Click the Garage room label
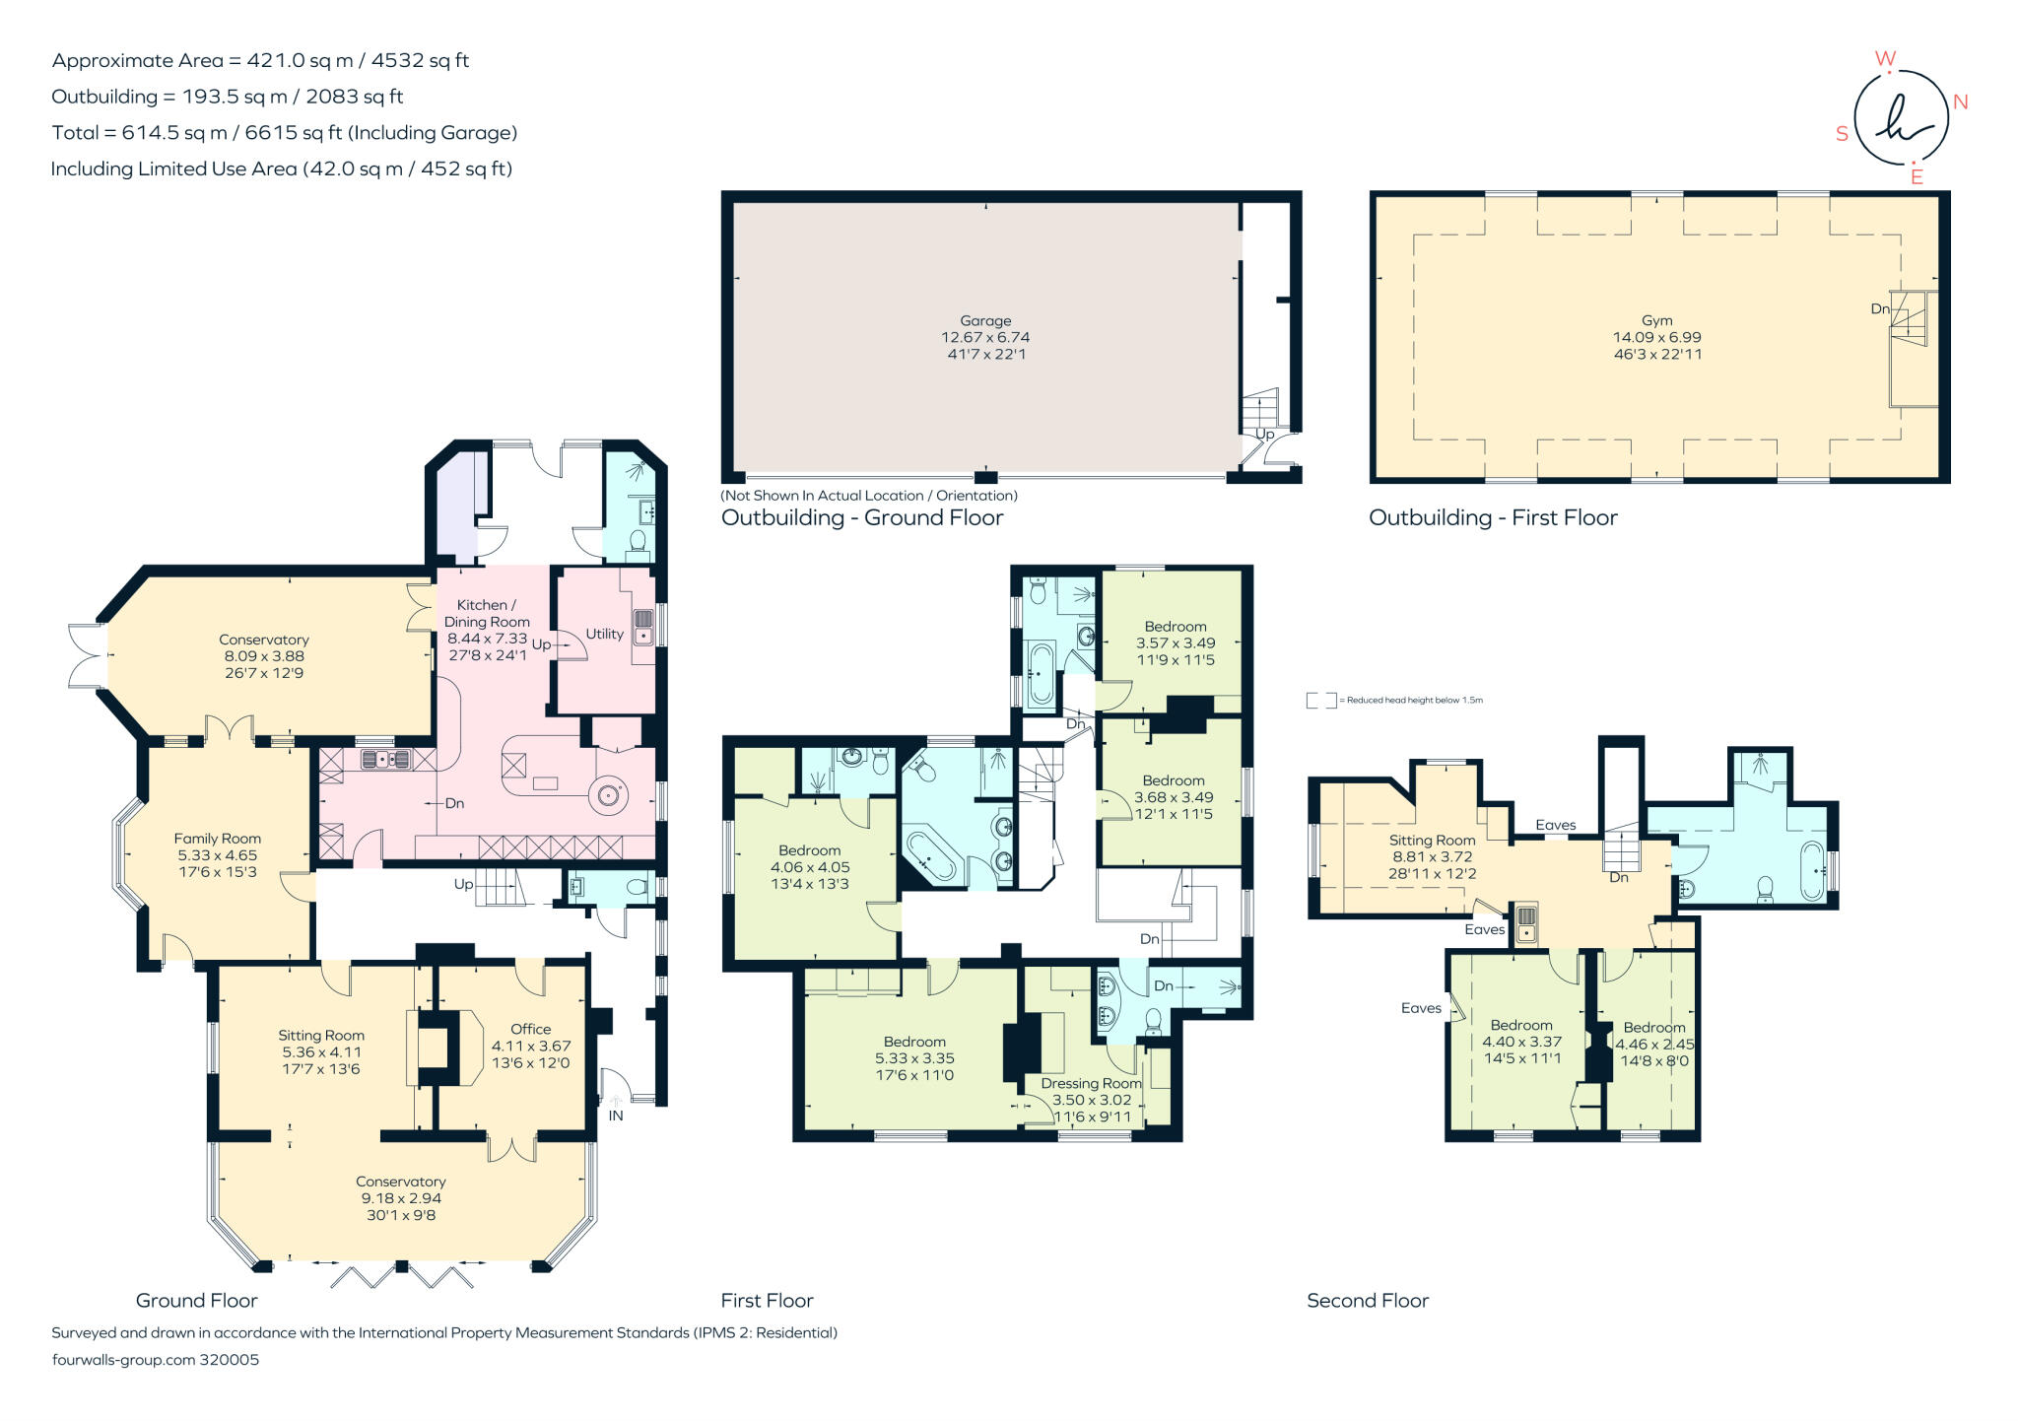[985, 320]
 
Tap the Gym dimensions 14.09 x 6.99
[1656, 337]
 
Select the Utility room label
[604, 634]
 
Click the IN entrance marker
[616, 1116]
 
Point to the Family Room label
[218, 839]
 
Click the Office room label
[530, 1029]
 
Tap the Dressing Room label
[1091, 1083]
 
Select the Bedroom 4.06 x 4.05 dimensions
[809, 867]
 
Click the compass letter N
[1960, 102]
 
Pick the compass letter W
[1885, 59]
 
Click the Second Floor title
[1367, 1301]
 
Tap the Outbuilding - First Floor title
[1493, 518]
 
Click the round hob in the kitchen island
[607, 794]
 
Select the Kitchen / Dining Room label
[487, 613]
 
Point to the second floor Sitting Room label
[1432, 841]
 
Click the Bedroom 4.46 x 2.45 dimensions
[1654, 1045]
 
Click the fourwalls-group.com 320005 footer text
[155, 1360]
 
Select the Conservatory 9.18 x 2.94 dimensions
[401, 1198]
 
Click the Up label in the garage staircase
[1264, 435]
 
